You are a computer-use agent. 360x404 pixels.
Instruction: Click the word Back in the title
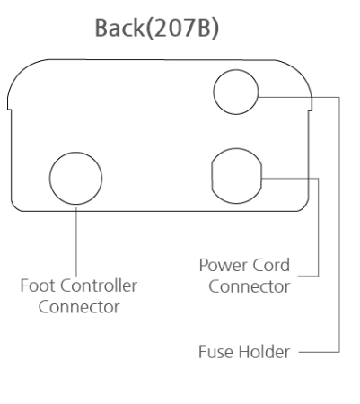pyautogui.click(x=119, y=28)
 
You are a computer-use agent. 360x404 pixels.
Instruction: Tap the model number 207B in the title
pyautogui.click(x=182, y=28)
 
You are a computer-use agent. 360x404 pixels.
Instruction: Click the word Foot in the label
pyautogui.click(x=39, y=285)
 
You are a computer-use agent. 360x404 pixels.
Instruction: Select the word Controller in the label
pyautogui.click(x=99, y=285)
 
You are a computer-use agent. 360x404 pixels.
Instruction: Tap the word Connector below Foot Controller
pyautogui.click(x=79, y=307)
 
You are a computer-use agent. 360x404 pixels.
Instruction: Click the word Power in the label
pyautogui.click(x=223, y=265)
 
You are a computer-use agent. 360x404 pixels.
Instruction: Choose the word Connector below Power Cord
pyautogui.click(x=250, y=286)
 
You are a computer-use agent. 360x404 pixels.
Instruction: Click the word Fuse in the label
pyautogui.click(x=216, y=352)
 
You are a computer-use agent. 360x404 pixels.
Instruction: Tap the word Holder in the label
pyautogui.click(x=265, y=352)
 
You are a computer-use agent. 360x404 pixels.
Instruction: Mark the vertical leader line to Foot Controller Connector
pyautogui.click(x=76, y=242)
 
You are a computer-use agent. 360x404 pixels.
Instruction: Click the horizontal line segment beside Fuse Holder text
pyautogui.click(x=319, y=352)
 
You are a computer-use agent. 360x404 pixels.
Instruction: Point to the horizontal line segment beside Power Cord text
pyautogui.click(x=308, y=276)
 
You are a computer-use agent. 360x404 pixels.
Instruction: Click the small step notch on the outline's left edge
pyautogui.click(x=10, y=110)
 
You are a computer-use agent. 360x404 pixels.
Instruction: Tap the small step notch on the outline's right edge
pyautogui.click(x=310, y=110)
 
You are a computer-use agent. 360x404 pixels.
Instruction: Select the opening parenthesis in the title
pyautogui.click(x=149, y=29)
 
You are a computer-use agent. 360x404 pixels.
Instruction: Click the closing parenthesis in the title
pyautogui.click(x=215, y=29)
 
